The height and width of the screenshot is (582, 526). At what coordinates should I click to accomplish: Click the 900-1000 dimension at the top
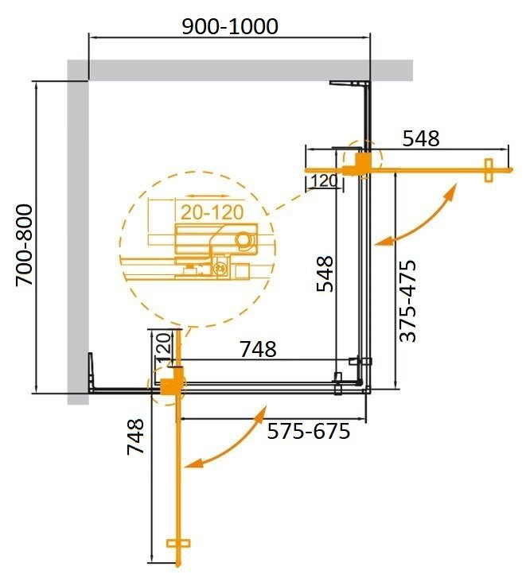(230, 26)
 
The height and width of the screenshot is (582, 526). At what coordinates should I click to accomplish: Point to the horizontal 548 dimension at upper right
(420, 139)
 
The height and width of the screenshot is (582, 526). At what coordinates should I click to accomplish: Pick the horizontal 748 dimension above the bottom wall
(259, 348)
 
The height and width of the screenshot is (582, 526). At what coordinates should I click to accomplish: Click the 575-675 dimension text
(309, 433)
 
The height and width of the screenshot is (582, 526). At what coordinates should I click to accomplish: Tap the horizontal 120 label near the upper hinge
(324, 180)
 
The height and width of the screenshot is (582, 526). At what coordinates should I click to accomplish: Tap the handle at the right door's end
(489, 169)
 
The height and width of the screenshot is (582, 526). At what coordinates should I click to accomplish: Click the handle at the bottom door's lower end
(180, 545)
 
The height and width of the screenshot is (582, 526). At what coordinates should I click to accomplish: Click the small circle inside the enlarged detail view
(244, 239)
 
